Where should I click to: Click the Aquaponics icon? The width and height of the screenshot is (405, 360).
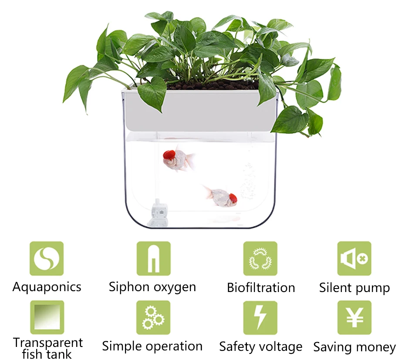(x=47, y=258)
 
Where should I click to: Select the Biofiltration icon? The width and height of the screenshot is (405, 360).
(x=260, y=258)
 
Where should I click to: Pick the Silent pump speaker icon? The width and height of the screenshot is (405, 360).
(x=354, y=258)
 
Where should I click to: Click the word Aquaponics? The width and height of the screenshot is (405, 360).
(x=47, y=287)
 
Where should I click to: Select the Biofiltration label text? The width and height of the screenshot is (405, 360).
(x=261, y=288)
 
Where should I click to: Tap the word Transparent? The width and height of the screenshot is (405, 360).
(x=48, y=343)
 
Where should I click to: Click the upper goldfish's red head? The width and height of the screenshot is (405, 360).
(x=169, y=154)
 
